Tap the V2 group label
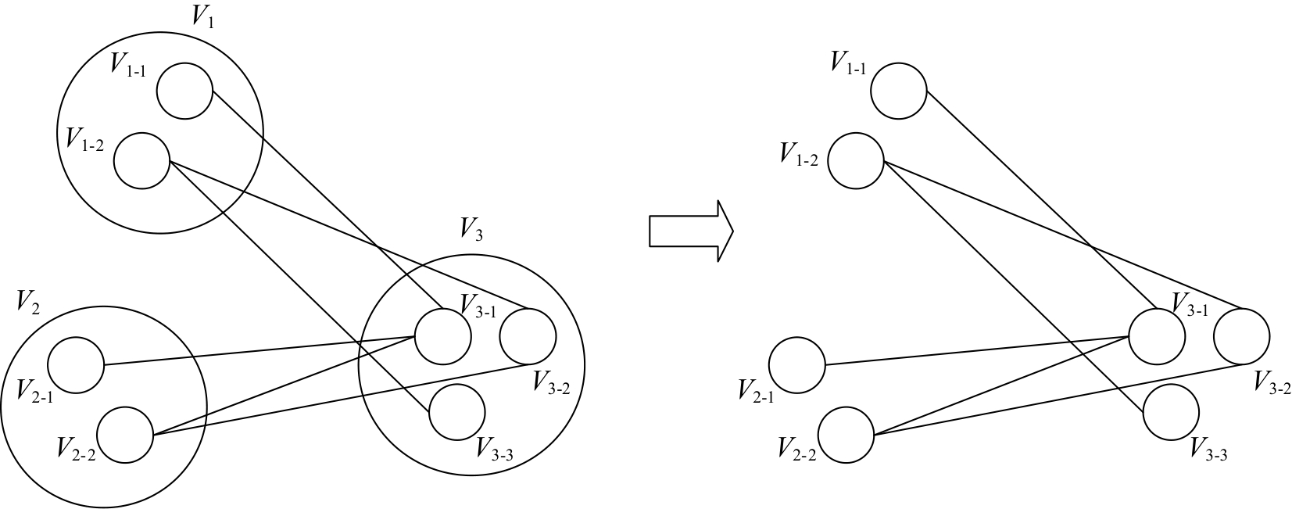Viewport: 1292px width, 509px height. tap(27, 301)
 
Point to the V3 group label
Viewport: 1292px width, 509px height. tap(471, 229)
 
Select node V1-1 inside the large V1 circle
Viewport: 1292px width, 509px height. tap(184, 91)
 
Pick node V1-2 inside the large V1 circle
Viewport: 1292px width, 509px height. tap(141, 161)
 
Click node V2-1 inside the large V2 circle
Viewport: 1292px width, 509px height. tap(76, 365)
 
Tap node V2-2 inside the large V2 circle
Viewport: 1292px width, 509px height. tap(125, 435)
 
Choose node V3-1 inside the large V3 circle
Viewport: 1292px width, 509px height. tap(443, 336)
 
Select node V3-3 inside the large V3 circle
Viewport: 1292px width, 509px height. tap(457, 412)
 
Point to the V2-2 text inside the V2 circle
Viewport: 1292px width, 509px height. tap(76, 449)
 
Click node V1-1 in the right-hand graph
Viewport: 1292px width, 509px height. tap(899, 91)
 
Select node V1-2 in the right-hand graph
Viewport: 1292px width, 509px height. tap(855, 161)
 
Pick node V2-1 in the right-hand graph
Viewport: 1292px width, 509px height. tap(796, 365)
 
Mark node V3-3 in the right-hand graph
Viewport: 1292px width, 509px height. tap(1171, 412)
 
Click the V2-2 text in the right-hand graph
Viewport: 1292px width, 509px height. tap(796, 449)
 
